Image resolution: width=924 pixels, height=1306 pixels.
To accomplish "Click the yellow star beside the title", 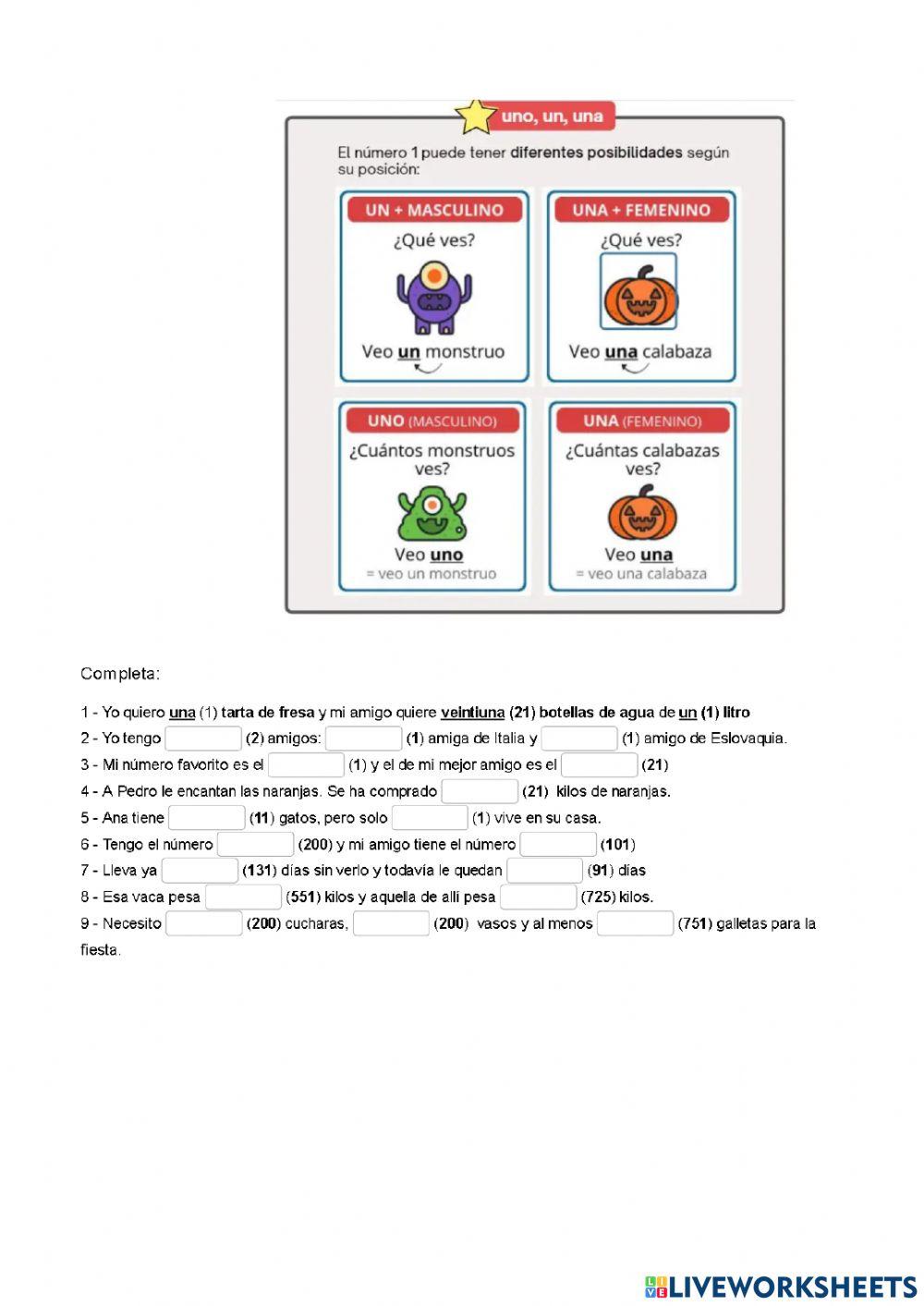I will click(x=476, y=116).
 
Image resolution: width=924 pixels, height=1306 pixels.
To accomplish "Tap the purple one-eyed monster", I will click(x=432, y=298).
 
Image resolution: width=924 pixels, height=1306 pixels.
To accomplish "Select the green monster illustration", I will click(x=432, y=516).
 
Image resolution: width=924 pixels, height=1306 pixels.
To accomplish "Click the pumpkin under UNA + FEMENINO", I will click(x=639, y=295).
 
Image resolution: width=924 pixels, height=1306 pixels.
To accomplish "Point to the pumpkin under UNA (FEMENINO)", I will click(x=642, y=514).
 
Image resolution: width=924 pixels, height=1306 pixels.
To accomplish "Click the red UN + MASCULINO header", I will click(x=434, y=210).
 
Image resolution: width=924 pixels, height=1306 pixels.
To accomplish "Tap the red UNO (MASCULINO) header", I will click(x=432, y=421).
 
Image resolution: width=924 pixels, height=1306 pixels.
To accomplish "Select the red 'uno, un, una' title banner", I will click(x=552, y=116).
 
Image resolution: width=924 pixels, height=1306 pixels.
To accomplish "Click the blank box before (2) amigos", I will click(x=203, y=738).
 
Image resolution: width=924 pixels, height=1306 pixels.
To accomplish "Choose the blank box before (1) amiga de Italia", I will click(x=363, y=738).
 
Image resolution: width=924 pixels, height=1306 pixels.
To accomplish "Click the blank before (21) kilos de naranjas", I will click(x=480, y=791).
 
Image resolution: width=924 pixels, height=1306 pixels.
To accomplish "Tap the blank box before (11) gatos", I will click(x=207, y=818).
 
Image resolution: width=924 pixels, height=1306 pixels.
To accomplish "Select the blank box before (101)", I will click(x=558, y=844).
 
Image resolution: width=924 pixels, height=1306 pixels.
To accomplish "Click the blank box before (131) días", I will click(x=200, y=871).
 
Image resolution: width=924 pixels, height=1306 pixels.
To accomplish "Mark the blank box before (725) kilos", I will click(x=538, y=897).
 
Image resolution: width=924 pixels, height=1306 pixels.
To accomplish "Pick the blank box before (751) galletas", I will click(x=635, y=923).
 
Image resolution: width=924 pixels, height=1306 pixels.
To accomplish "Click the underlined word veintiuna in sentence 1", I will click(x=472, y=713).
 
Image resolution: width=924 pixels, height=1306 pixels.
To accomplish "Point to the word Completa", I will click(x=119, y=674).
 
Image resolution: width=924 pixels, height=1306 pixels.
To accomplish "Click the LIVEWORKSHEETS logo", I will click(x=781, y=1286).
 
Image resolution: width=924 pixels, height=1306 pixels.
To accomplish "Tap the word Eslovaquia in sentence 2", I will click(x=748, y=738).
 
